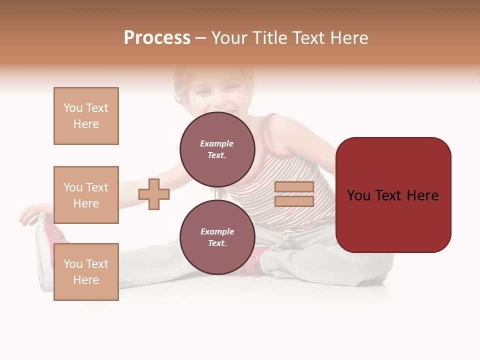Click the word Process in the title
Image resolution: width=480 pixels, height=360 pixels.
pyautogui.click(x=157, y=38)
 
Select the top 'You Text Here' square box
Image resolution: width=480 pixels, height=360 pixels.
pyautogui.click(x=86, y=116)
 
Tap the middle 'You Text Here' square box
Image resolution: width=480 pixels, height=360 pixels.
pyautogui.click(x=86, y=195)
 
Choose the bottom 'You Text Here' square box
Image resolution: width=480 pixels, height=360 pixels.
pyautogui.click(x=86, y=272)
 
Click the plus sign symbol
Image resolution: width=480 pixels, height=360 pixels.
pyautogui.click(x=154, y=194)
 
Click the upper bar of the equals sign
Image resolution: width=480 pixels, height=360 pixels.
pyautogui.click(x=294, y=186)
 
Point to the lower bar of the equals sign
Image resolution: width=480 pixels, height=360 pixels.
pyautogui.click(x=294, y=201)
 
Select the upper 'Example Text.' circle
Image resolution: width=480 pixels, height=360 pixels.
pyautogui.click(x=217, y=149)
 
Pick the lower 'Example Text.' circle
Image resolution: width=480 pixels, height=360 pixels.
pyautogui.click(x=217, y=237)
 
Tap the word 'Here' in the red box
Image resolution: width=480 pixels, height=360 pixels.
pyautogui.click(x=422, y=195)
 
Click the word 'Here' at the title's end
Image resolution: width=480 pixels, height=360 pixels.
pyautogui.click(x=349, y=38)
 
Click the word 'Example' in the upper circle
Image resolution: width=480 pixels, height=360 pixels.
pyautogui.click(x=217, y=143)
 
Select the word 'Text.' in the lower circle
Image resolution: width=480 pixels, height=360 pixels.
pyautogui.click(x=217, y=243)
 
